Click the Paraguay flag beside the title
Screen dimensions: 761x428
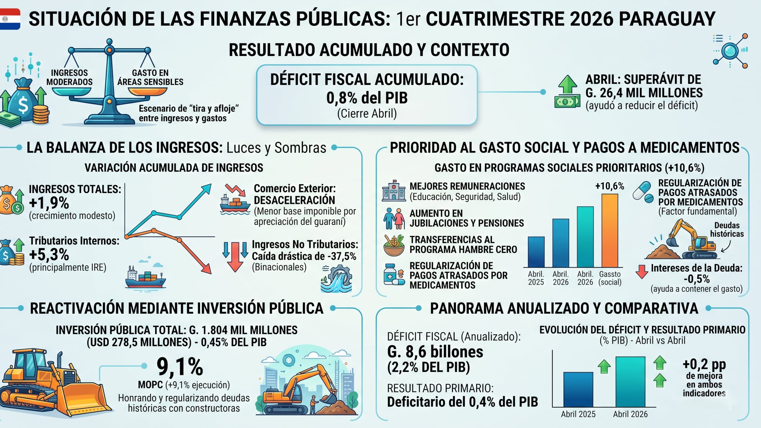pyautogui.click(x=10, y=19)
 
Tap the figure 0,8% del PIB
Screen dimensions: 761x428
pyautogui.click(x=367, y=98)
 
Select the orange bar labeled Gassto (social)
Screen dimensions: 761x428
pyautogui.click(x=610, y=230)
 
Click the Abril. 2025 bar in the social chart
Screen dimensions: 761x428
pyautogui.click(x=536, y=252)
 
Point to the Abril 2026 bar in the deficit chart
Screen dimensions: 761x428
pyautogui.click(x=630, y=382)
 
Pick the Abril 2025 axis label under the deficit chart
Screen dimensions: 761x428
pyautogui.click(x=578, y=414)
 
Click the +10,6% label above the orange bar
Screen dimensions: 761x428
pyautogui.click(x=609, y=186)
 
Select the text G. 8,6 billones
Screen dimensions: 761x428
pyautogui.click(x=435, y=352)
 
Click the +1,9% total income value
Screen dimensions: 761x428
pyautogui.click(x=49, y=203)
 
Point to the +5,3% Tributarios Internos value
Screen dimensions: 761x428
pyautogui.click(x=49, y=254)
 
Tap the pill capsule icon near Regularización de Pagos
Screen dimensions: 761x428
pyautogui.click(x=643, y=192)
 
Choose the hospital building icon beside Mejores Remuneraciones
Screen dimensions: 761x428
pyautogui.click(x=393, y=190)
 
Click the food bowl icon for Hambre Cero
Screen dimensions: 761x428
pyautogui.click(x=394, y=245)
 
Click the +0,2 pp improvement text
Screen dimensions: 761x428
pyautogui.click(x=704, y=365)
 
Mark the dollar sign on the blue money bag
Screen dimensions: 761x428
pyautogui.click(x=23, y=105)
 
